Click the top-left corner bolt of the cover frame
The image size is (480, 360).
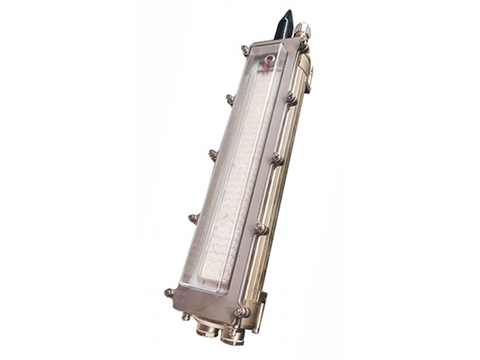(x=245, y=50)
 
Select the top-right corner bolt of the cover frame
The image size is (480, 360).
(x=304, y=50)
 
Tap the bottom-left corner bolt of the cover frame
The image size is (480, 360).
(x=169, y=293)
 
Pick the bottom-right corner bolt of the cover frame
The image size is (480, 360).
(x=240, y=310)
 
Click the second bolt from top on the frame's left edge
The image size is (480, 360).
(x=230, y=99)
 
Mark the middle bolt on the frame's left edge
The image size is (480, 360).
(x=213, y=154)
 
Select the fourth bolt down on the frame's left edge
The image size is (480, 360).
(x=193, y=217)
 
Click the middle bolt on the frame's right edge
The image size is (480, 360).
(x=277, y=158)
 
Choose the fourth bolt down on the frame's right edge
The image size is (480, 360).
(x=260, y=228)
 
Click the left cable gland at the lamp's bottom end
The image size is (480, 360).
(x=206, y=327)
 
